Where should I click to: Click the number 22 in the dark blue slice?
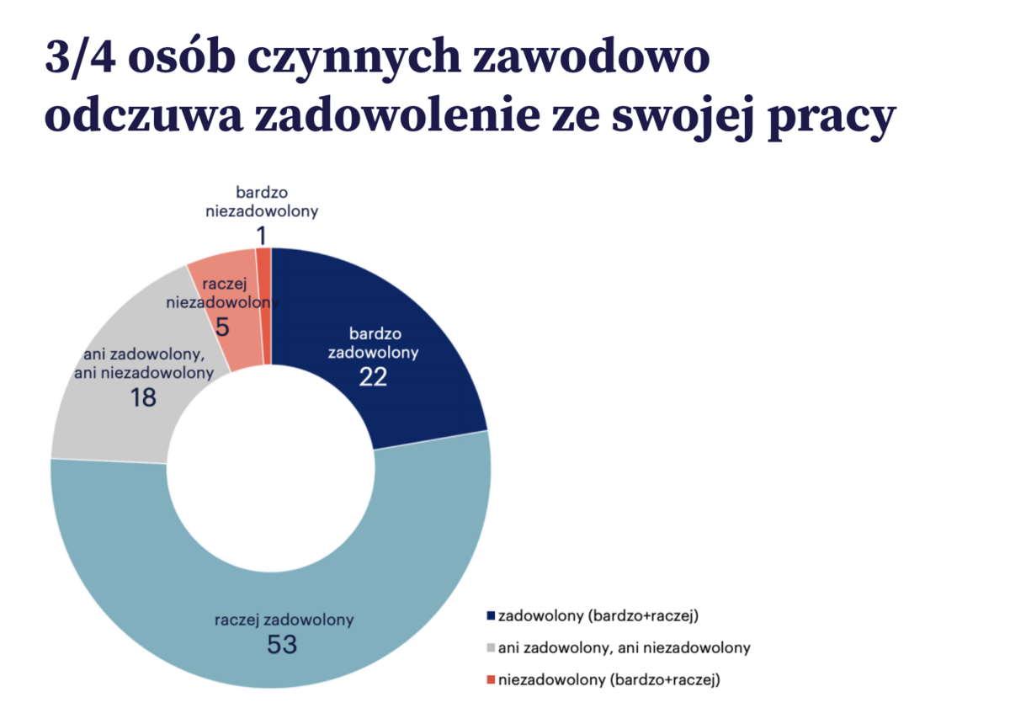[373, 377]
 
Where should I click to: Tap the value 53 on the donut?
[283, 646]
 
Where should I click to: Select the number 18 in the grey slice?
[143, 397]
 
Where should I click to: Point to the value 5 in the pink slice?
[222, 327]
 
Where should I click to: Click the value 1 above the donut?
[262, 235]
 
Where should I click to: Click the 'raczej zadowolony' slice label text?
[284, 620]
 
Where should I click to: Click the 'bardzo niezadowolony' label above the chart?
[262, 202]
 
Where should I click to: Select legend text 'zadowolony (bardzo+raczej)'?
[598, 615]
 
